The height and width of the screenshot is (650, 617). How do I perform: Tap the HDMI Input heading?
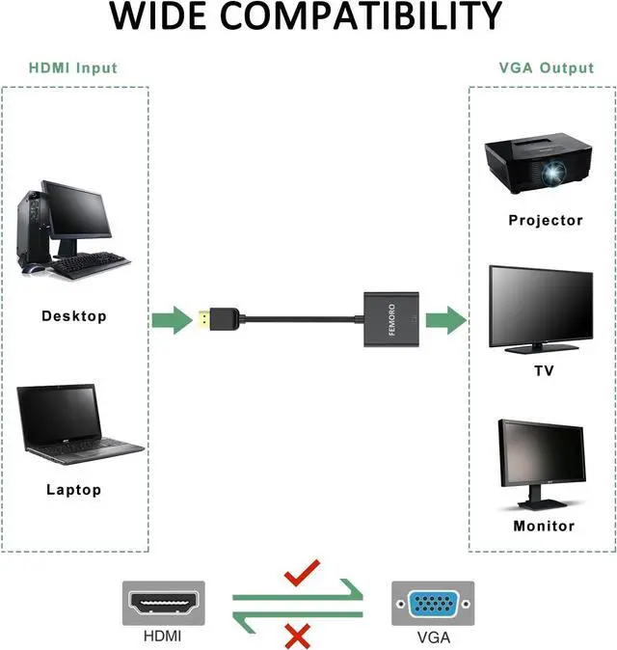(x=73, y=68)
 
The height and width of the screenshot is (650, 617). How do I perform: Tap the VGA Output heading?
(x=547, y=68)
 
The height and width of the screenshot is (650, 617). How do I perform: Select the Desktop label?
(x=74, y=316)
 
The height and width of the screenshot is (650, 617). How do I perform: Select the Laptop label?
(x=74, y=490)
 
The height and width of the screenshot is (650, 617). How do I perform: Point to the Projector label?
(x=546, y=221)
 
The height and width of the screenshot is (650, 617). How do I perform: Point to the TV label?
(x=545, y=371)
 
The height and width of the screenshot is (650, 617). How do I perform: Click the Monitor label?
(x=544, y=527)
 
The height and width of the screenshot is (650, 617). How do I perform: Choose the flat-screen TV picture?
(x=539, y=308)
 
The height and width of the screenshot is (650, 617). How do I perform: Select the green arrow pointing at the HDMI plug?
(x=171, y=320)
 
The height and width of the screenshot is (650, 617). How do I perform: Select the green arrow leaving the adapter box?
(x=445, y=319)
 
